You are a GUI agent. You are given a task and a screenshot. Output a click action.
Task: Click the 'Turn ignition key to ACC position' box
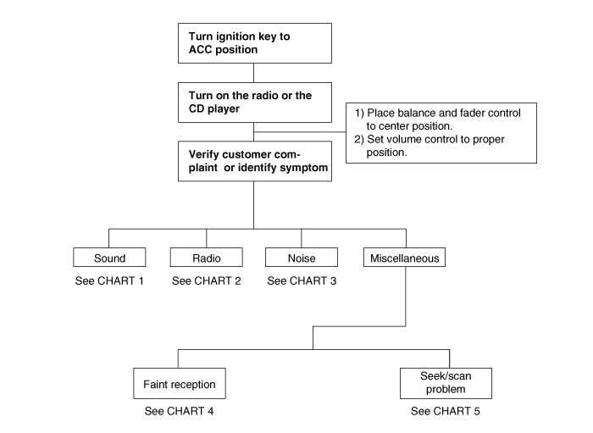tap(255, 43)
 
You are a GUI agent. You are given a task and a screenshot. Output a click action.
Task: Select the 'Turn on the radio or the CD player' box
tap(255, 103)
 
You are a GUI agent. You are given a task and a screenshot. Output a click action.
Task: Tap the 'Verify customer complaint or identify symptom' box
tap(255, 162)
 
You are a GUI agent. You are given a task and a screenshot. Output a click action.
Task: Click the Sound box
tap(109, 258)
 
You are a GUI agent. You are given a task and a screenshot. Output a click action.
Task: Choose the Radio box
tap(207, 258)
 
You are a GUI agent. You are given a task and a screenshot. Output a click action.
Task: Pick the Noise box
tap(302, 258)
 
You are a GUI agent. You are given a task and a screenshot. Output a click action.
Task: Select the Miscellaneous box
tap(404, 258)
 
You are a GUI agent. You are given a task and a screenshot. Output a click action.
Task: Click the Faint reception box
tap(180, 384)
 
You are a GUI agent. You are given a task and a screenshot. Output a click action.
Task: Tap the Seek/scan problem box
tap(446, 384)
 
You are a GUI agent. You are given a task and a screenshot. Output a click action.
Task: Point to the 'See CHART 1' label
tap(109, 281)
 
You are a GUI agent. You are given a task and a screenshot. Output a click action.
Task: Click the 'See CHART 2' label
tap(207, 281)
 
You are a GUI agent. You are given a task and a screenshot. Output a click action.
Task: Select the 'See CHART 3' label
tap(302, 281)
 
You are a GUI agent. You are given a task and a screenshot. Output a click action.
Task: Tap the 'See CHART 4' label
tap(180, 411)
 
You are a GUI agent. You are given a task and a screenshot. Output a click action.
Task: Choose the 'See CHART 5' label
tap(446, 411)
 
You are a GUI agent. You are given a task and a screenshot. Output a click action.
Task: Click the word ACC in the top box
tap(200, 49)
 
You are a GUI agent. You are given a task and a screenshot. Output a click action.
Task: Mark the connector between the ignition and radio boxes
tap(254, 73)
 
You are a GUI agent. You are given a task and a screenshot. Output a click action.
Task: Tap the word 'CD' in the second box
tap(197, 109)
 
